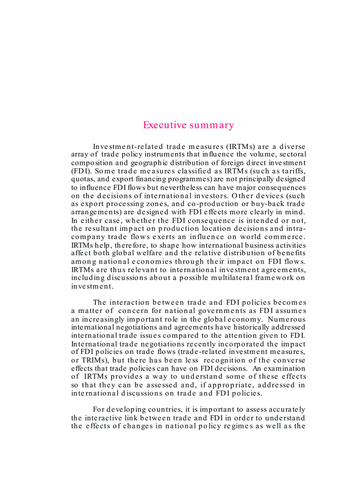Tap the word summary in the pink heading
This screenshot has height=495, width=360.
coord(211,125)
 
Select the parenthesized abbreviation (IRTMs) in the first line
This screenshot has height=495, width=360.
coord(238,146)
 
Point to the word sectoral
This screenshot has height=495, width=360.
coord(291,154)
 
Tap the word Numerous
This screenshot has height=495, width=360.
coord(286,319)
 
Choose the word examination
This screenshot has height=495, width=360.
coord(284,368)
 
